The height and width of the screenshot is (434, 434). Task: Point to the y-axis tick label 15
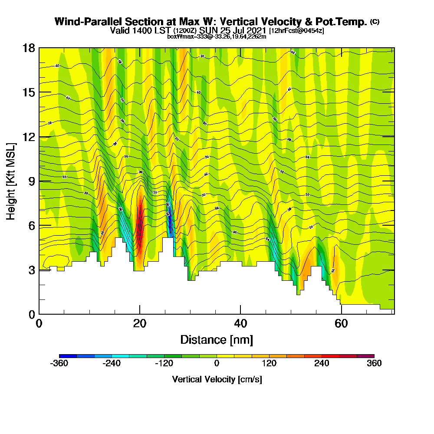tap(29, 92)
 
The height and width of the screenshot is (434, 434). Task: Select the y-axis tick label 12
tap(29, 137)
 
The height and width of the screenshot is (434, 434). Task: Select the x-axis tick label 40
tap(240, 324)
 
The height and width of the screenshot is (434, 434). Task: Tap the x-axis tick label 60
tap(341, 324)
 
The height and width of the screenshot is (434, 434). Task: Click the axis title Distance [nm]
tap(217, 340)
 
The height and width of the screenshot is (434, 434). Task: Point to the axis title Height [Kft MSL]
tap(11, 181)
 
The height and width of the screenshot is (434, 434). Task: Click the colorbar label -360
tap(59, 364)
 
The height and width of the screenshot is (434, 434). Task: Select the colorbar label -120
tap(164, 364)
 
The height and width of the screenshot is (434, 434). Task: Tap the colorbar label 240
tap(322, 364)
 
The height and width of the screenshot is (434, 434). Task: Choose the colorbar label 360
tap(374, 364)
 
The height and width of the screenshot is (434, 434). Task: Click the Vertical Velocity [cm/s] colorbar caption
tap(217, 379)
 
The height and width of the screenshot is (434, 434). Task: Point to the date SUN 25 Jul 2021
tap(233, 30)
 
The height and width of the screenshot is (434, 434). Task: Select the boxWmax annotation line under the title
tap(217, 36)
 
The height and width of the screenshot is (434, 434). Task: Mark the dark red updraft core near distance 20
tap(140, 226)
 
